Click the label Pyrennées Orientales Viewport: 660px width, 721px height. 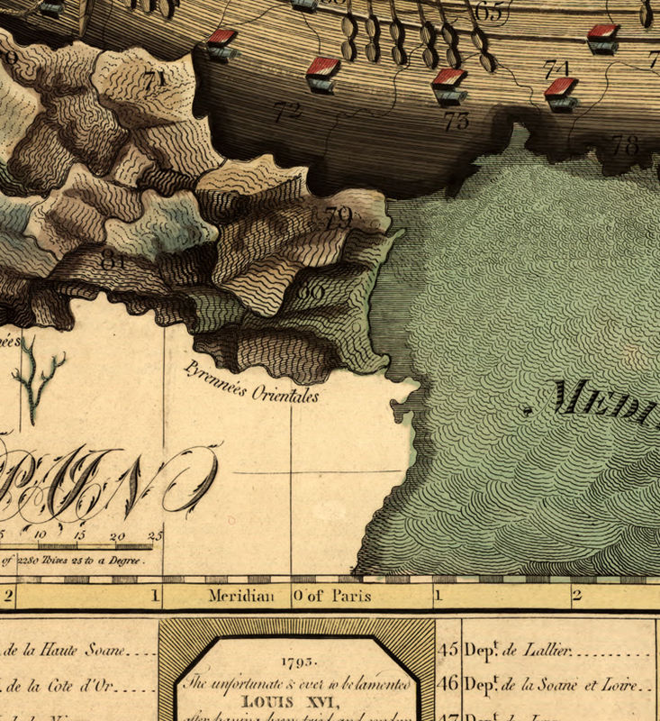(251, 382)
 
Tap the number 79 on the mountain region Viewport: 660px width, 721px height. (338, 216)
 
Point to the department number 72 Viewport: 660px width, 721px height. (287, 112)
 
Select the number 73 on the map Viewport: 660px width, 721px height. (457, 121)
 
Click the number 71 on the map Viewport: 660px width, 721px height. (154, 78)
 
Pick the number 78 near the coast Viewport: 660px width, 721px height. (625, 144)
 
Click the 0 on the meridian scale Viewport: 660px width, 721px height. (296, 596)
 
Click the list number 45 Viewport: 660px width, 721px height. (448, 649)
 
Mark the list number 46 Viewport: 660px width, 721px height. (448, 684)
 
